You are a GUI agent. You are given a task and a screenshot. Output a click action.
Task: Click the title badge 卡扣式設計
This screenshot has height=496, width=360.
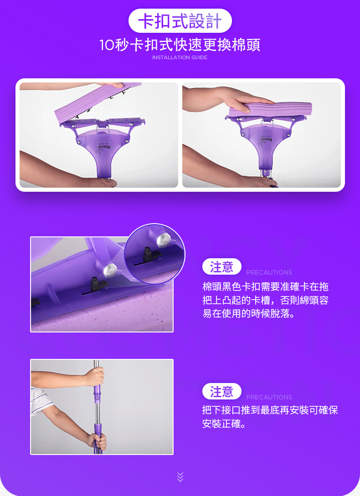180,21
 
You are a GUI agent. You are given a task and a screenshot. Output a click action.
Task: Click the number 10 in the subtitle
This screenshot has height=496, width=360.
108,46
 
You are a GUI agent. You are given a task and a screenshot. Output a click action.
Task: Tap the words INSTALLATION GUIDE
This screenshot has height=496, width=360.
180,57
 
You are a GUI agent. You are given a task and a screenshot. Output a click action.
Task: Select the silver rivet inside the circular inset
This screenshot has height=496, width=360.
160,240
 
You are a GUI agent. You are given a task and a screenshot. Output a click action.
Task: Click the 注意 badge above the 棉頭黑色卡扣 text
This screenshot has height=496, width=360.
221,267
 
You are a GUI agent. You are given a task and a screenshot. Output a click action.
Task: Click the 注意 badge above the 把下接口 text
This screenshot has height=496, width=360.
221,392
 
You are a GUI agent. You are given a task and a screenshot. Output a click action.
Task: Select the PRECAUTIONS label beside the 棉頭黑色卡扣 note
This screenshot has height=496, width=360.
269,272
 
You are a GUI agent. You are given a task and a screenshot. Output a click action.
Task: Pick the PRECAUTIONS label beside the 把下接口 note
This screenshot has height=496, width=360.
269,397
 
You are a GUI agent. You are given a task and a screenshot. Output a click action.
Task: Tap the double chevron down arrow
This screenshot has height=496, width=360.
180,476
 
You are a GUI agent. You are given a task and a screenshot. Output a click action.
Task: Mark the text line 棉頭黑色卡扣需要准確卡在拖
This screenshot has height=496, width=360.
265,287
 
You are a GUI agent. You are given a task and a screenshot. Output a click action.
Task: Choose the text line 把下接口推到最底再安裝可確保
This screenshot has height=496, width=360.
270,410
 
